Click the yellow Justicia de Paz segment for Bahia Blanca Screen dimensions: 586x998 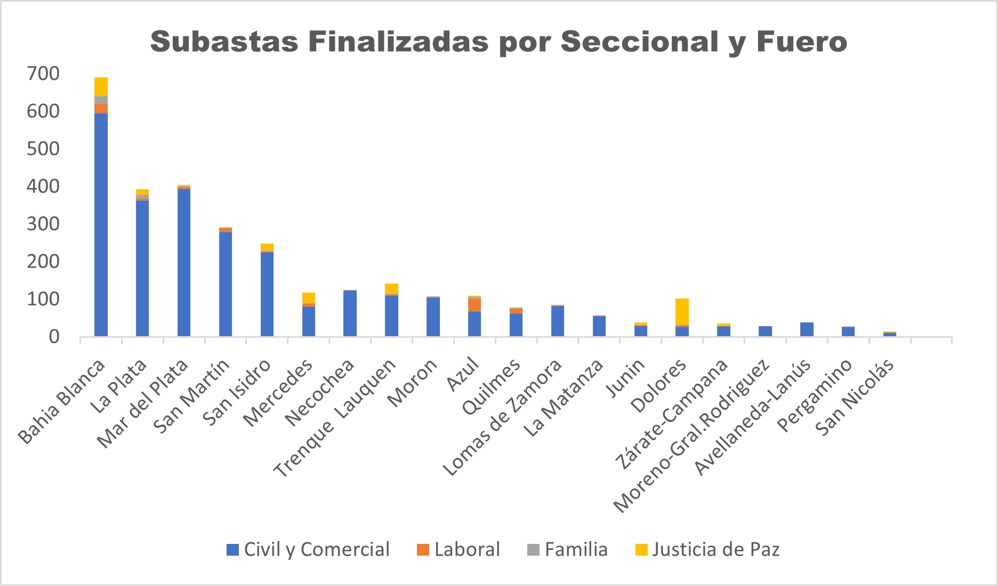click(101, 87)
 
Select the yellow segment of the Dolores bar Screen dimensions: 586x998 click(682, 312)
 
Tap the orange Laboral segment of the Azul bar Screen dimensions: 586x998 click(474, 305)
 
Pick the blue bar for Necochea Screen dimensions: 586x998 click(350, 313)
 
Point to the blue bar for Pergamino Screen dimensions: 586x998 click(848, 331)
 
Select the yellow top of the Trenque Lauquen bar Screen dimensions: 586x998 click(391, 289)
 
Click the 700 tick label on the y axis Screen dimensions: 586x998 click(43, 74)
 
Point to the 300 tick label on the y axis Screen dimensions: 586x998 click(43, 224)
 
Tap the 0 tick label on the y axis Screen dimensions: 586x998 click(54, 337)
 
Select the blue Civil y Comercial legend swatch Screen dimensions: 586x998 click(232, 550)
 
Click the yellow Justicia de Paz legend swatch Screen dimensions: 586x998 click(642, 550)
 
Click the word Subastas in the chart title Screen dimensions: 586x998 click(224, 42)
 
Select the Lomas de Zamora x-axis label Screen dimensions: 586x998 click(504, 418)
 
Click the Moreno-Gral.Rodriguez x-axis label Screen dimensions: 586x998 click(693, 437)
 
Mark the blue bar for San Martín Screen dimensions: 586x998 click(226, 284)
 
